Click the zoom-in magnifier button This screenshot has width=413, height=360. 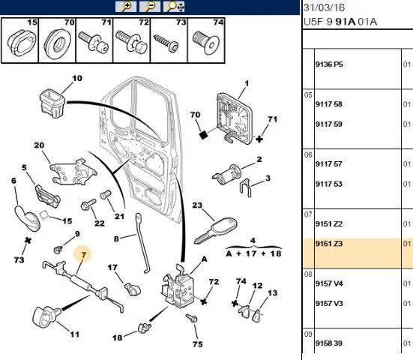pyautogui.click(x=126, y=6)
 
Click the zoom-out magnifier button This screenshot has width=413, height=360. pyautogui.click(x=150, y=6)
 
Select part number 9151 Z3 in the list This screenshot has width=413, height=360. pyautogui.click(x=329, y=244)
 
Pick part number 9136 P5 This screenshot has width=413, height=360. pyautogui.click(x=329, y=64)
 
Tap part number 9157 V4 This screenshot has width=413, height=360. pyautogui.click(x=329, y=283)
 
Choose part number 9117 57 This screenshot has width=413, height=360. pyautogui.click(x=329, y=164)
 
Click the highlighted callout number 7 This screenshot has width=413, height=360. pyautogui.click(x=83, y=255)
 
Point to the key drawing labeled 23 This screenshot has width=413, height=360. pyautogui.click(x=215, y=230)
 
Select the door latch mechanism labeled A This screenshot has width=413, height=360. pyautogui.click(x=177, y=286)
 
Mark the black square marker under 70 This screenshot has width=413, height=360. pyautogui.click(x=203, y=135)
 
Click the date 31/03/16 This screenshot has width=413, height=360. pyautogui.click(x=324, y=7)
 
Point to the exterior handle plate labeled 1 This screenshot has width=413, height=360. pyautogui.click(x=234, y=118)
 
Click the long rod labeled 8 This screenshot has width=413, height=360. pyautogui.click(x=142, y=243)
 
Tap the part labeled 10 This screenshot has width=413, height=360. pyautogui.click(x=52, y=103)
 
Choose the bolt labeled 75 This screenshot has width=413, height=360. pyautogui.click(x=191, y=318)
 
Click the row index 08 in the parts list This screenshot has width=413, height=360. pyautogui.click(x=308, y=274)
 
